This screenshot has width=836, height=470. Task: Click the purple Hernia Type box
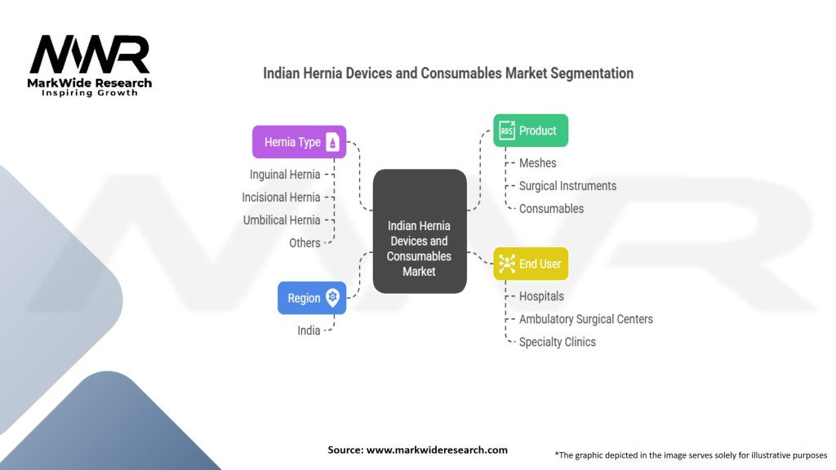coord(299,142)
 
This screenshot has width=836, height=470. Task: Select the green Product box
coord(531,131)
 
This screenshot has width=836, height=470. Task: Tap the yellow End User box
coord(531,264)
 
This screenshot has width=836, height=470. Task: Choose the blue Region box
coord(311,298)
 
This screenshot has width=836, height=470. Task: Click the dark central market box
coord(420,232)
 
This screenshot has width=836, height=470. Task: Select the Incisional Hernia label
coord(281,197)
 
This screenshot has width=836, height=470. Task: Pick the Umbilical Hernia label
coord(282,220)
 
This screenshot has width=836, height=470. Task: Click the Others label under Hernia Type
coord(305,243)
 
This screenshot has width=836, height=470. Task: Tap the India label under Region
coord(309,330)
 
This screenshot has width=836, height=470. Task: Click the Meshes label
coord(537,163)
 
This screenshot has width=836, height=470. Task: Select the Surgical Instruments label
coord(567,186)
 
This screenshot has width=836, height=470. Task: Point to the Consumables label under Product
coord(551,209)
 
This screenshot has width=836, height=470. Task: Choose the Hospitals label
coord(541,296)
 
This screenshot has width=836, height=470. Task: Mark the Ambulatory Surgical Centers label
coord(585,319)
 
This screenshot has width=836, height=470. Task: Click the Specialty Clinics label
coord(557,342)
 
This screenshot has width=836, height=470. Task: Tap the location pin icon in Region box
coord(332,298)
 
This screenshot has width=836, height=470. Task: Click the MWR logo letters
coord(90,55)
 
